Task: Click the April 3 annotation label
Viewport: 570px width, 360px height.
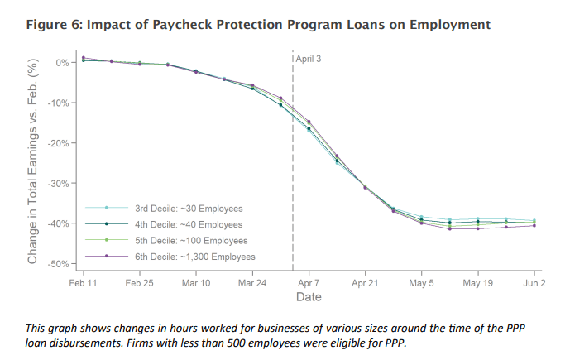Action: coord(309,59)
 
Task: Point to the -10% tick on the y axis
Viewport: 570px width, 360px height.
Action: coord(61,103)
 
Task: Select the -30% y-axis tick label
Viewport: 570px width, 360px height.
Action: coord(61,183)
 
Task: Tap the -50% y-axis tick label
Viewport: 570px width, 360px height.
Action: coord(61,264)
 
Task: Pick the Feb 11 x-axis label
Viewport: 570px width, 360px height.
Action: coord(84,282)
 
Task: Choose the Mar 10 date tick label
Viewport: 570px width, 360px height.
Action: coord(196,282)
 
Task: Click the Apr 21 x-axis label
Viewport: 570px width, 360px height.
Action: coord(365,282)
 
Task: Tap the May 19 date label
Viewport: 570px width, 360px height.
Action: coord(477,282)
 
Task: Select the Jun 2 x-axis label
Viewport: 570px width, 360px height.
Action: coord(534,282)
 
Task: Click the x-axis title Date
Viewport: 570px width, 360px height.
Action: coord(309,297)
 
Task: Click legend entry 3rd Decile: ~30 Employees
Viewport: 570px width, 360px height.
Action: coord(188,208)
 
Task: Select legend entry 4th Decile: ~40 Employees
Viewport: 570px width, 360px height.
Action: coord(188,224)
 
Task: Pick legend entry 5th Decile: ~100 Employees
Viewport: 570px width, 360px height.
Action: coord(190,240)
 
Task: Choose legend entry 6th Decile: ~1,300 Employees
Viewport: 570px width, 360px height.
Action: coord(194,257)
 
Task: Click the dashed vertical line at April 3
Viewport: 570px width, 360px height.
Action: coord(293,166)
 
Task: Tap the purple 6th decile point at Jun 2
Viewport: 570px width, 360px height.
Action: coord(534,225)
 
